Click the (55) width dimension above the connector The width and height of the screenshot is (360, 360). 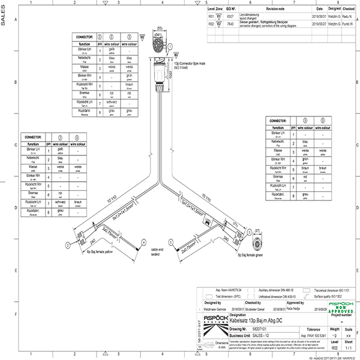161,28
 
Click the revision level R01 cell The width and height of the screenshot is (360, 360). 211,17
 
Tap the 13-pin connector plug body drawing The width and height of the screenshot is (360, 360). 160,72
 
